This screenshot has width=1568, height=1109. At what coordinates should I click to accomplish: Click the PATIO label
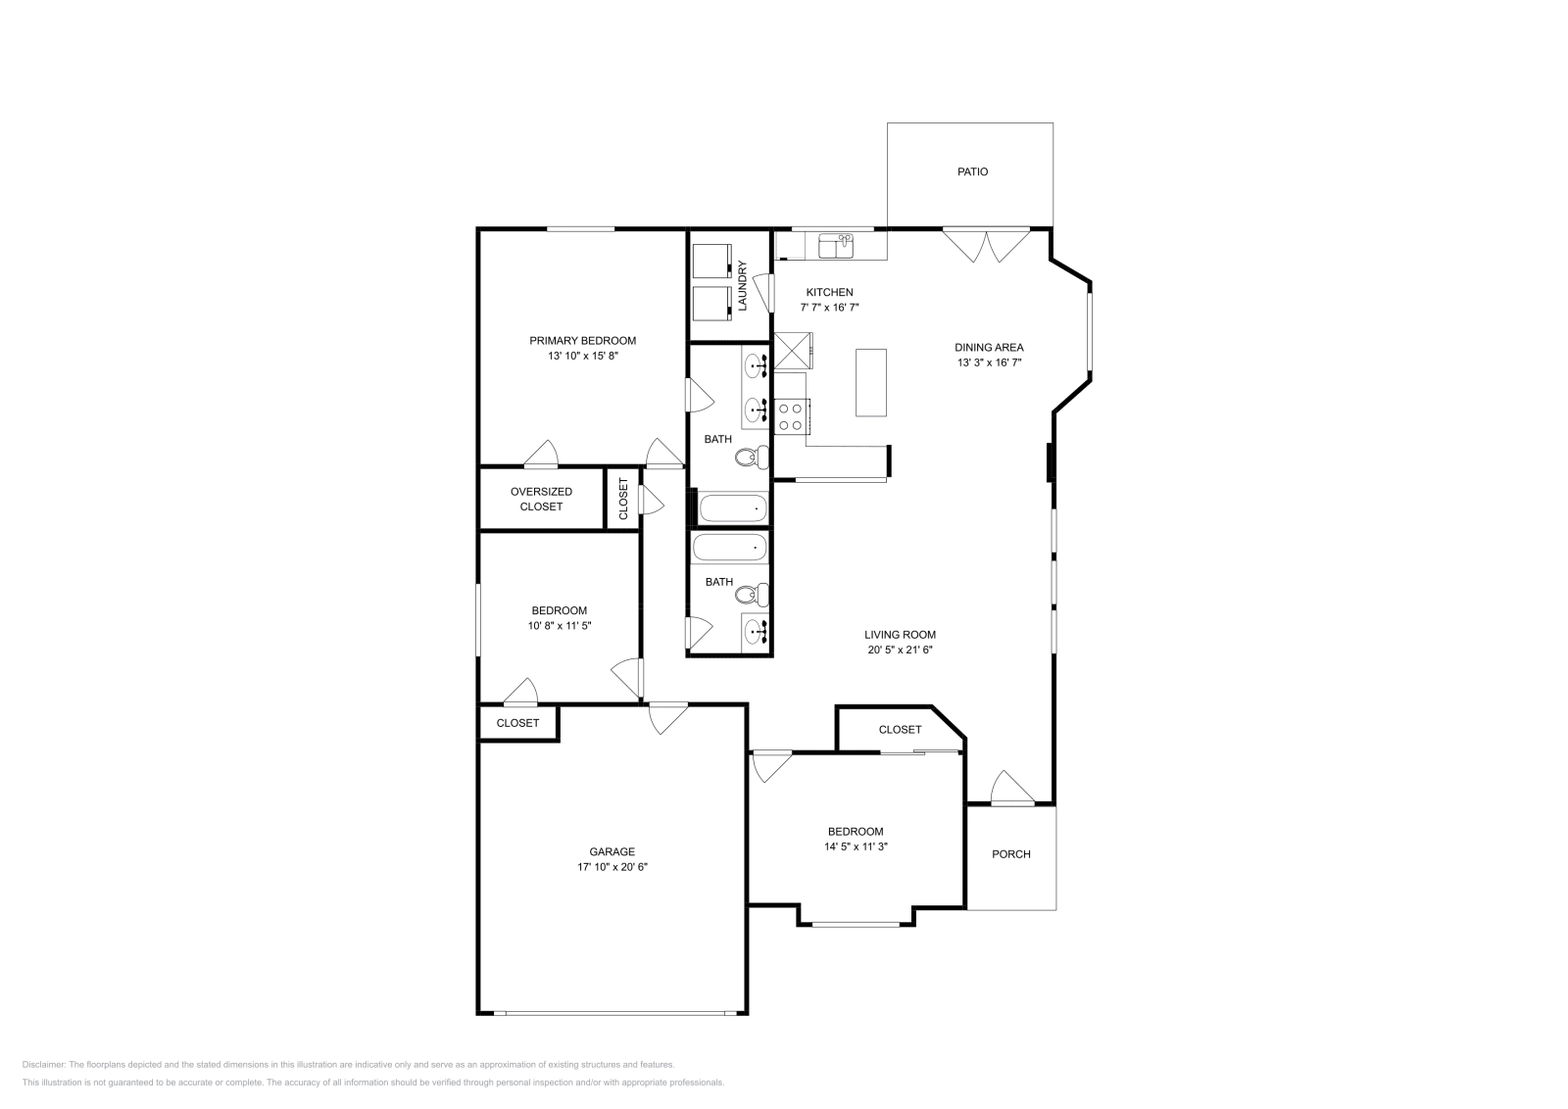pos(972,171)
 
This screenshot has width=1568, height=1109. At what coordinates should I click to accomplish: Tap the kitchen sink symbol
pos(836,246)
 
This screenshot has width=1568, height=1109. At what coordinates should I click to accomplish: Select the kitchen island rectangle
pos(871,382)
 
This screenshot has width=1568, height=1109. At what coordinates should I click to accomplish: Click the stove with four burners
pos(790,416)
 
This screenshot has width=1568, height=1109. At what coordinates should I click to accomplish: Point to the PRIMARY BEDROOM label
pos(582,341)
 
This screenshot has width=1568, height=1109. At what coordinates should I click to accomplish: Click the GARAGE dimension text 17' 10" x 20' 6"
pos(612,867)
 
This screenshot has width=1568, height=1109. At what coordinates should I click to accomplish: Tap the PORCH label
pos(1010,854)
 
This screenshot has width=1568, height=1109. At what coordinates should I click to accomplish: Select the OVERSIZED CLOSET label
pos(541,499)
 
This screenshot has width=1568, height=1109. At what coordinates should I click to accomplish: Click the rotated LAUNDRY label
pos(743,285)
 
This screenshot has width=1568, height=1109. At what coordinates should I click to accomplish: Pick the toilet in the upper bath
pos(753,457)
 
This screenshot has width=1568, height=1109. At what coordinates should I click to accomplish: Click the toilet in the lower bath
pos(753,594)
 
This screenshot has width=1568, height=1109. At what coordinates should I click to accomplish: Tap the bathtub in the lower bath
pos(730,548)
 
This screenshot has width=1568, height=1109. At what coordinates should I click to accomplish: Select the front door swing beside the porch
pos(1010,788)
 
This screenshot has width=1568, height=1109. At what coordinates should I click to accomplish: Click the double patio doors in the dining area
pos(987,245)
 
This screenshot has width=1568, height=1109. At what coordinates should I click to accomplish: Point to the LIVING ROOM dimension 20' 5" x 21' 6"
pos(900,650)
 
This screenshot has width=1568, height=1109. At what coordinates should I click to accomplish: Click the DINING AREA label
pos(989,347)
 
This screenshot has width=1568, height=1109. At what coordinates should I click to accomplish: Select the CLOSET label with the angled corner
pos(900,730)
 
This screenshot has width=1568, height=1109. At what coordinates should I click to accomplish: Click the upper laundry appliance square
pos(711,262)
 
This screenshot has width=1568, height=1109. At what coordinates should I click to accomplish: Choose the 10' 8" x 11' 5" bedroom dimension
pos(559,625)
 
